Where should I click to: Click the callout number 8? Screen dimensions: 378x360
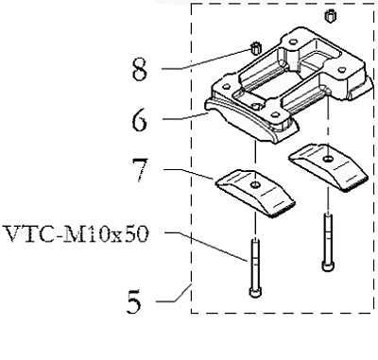[x=139, y=68]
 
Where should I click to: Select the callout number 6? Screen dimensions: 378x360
[x=139, y=119]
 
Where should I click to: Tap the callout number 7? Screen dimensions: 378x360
[x=140, y=170]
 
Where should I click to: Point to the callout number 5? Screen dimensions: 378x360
[x=134, y=301]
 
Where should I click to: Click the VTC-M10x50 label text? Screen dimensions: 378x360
[x=76, y=234]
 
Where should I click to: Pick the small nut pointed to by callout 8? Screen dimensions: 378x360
[x=255, y=49]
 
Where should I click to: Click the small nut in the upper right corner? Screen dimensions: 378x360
[x=330, y=16]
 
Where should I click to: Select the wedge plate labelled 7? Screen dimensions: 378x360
[x=255, y=193]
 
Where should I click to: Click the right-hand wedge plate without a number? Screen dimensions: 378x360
[x=328, y=167]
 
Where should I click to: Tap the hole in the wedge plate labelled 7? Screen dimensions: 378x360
[x=255, y=184]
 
